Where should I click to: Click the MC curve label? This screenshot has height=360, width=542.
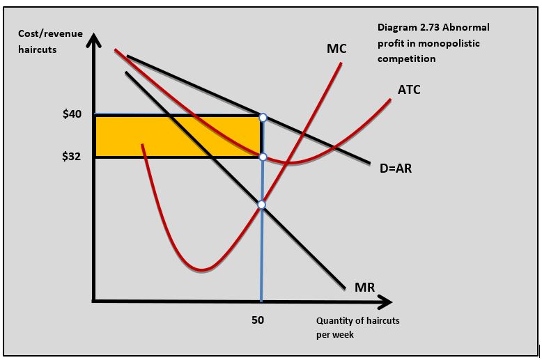click(x=336, y=49)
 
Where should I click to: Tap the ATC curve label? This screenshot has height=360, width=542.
click(x=409, y=90)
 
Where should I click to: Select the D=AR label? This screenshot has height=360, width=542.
click(x=396, y=168)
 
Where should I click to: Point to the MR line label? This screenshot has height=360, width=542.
click(x=364, y=287)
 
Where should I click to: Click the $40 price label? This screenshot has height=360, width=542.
click(x=73, y=114)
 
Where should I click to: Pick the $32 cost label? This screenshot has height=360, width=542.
click(x=73, y=157)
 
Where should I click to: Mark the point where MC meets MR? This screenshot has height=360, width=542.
click(x=261, y=205)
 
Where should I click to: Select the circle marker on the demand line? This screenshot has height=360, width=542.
click(x=262, y=117)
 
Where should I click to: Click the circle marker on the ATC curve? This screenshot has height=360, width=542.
click(x=262, y=157)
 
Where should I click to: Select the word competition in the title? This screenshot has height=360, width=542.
click(x=406, y=58)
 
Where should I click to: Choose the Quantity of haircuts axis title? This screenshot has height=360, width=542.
click(x=357, y=321)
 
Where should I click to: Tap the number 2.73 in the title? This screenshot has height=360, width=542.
click(x=431, y=27)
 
